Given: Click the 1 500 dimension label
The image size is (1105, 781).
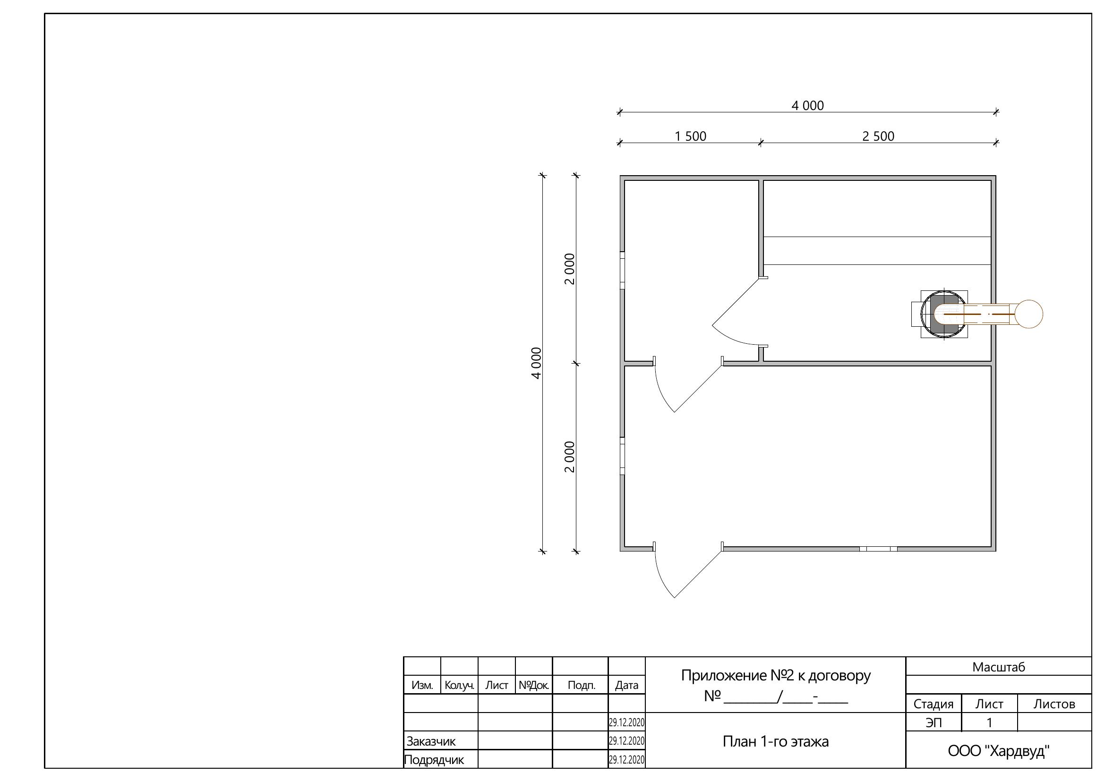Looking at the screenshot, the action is point(690,136).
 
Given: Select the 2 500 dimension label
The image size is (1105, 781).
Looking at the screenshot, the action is point(878,136).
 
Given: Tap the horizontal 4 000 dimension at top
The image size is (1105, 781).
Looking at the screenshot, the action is point(807,106).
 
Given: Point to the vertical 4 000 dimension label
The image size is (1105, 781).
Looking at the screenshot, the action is point(537,363).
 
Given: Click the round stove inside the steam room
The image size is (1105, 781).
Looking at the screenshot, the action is point(943,314).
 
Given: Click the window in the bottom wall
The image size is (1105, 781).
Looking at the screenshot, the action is point(878,549).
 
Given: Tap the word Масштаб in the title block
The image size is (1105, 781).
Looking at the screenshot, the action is point(999,667).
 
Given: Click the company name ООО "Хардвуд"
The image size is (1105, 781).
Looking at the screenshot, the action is point(999,751).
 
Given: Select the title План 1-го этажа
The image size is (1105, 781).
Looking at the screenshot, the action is point(775,741).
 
